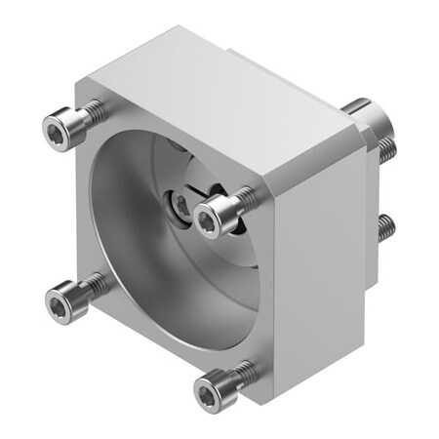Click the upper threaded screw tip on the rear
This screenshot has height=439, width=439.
pos(387,147)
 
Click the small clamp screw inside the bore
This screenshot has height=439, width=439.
pos(180,205)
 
